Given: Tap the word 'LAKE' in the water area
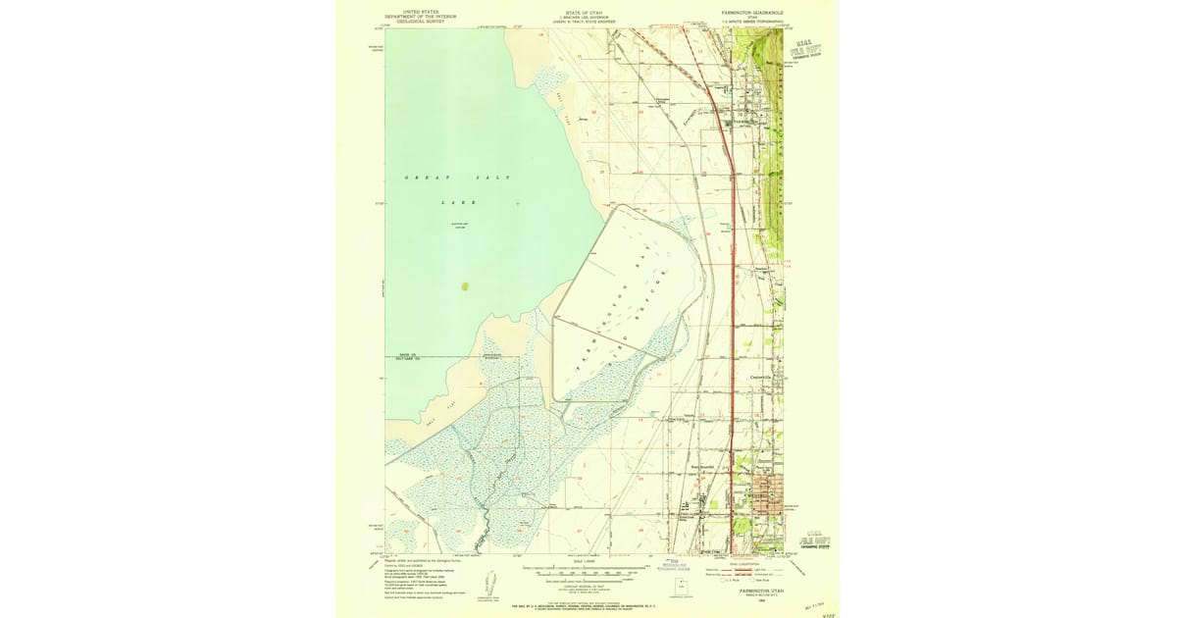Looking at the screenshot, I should point(457,201).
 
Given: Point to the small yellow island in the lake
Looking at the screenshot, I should point(465,287).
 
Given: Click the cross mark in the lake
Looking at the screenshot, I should point(518,203).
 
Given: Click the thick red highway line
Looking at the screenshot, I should point(731,294).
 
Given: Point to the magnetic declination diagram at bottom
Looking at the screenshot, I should point(487,585).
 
